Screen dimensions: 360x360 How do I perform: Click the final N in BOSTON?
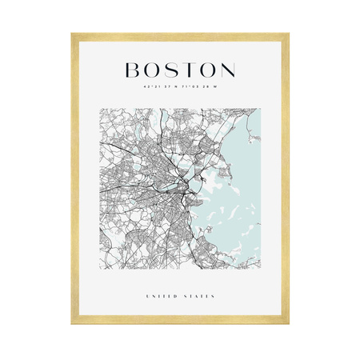[x=227, y=70]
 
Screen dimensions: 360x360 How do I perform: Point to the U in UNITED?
[x=147, y=297]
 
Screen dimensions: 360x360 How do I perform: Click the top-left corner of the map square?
[x=99, y=109]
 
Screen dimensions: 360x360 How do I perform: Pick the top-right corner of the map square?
[x=261, y=109]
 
